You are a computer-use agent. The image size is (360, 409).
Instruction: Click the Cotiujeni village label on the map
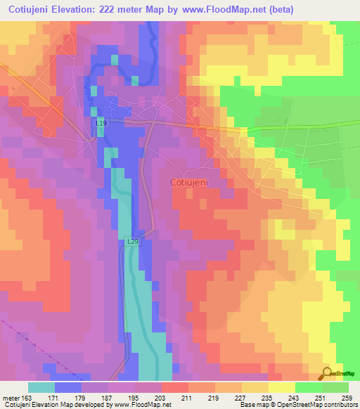pyautogui.click(x=193, y=181)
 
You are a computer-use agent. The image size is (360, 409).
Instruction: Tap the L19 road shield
pyautogui.click(x=101, y=123)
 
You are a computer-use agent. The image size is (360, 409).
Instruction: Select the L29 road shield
pyautogui.click(x=132, y=241)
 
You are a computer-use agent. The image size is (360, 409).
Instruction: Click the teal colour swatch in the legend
pyautogui.click(x=41, y=387)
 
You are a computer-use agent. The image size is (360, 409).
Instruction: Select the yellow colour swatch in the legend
pyautogui.click(x=281, y=387)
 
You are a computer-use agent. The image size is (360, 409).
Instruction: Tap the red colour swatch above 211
pyautogui.click(x=174, y=387)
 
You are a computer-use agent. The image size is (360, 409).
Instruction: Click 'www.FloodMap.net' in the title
pyautogui.click(x=226, y=9)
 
